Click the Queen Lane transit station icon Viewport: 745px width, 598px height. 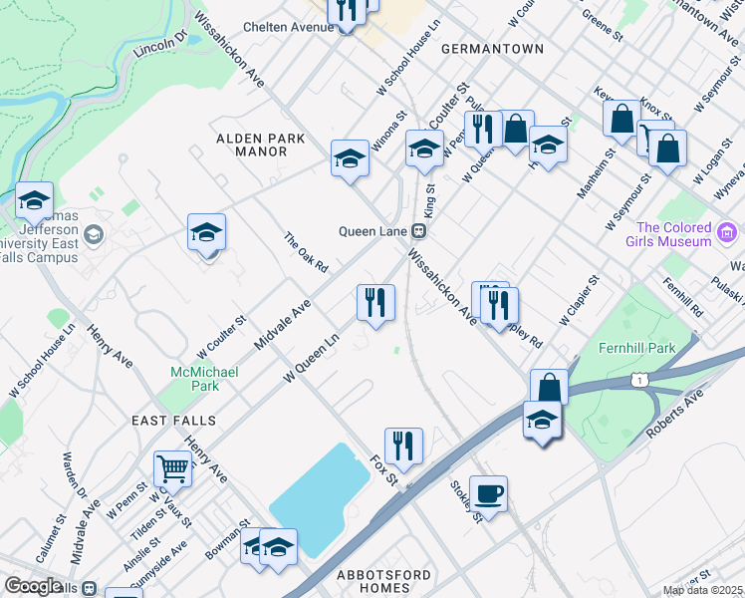point(419,230)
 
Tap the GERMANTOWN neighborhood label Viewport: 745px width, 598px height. point(492,48)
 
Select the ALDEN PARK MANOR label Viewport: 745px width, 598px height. point(261,146)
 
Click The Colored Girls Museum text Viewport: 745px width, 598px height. point(673,234)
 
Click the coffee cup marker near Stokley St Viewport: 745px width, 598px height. point(488,492)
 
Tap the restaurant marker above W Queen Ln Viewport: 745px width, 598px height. point(375,302)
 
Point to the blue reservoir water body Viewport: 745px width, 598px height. point(319,498)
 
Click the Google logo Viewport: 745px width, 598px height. point(33,585)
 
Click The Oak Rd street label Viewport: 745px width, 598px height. point(306,253)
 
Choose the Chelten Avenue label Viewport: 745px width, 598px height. point(288,27)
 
